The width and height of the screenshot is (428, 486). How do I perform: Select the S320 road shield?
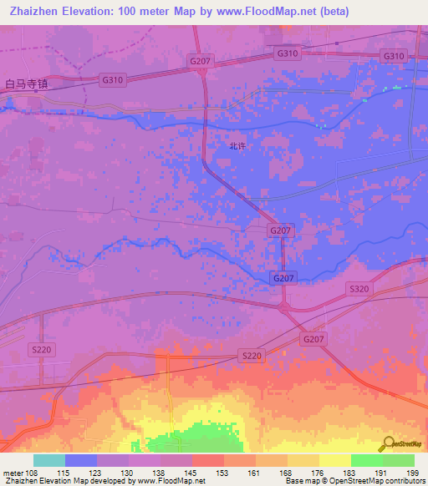358,288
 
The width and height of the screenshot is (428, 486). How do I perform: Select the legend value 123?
96,473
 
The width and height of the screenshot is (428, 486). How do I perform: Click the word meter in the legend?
13,473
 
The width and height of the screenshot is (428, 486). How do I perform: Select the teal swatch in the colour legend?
48,460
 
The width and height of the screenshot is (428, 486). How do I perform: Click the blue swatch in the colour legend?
80,460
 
